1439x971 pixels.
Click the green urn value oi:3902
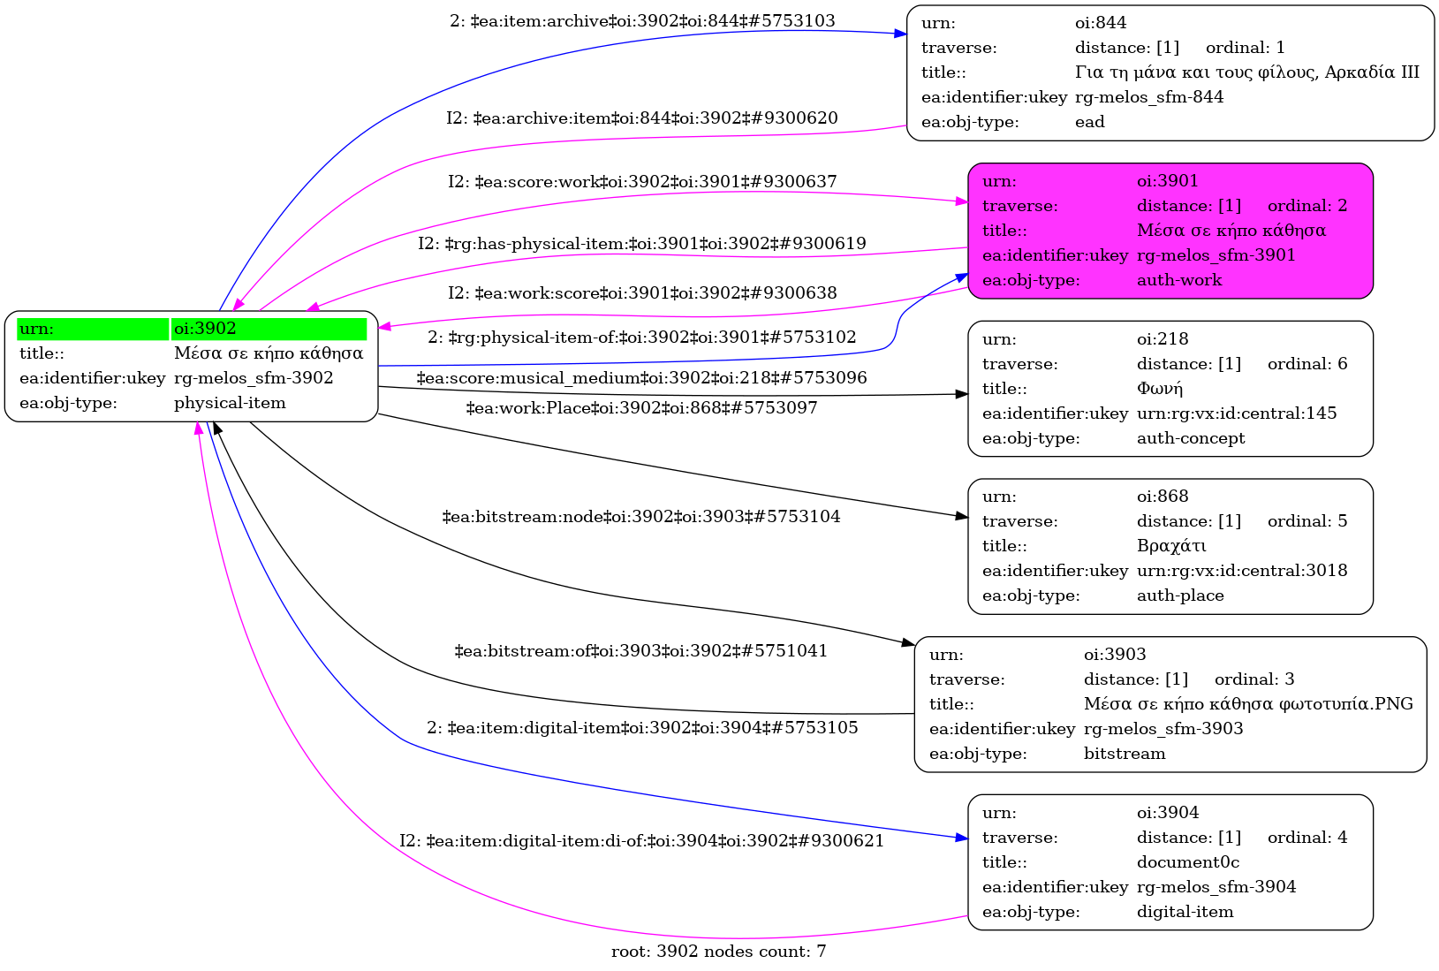(205, 329)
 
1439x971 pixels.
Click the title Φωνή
(1159, 389)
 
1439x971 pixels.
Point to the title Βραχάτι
(1171, 546)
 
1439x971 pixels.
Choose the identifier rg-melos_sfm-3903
(1163, 729)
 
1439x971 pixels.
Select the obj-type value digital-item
(1185, 912)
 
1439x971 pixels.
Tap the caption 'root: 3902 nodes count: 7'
(718, 952)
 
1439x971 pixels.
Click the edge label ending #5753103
(642, 20)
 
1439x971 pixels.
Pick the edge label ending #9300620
(641, 118)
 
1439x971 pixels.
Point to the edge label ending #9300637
(642, 181)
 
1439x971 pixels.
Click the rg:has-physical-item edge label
(641, 243)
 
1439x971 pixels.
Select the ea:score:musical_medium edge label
(641, 378)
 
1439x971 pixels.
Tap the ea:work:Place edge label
(641, 407)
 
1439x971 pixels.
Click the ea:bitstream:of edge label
(640, 651)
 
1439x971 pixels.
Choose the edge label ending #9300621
(641, 840)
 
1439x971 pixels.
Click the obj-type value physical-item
(230, 403)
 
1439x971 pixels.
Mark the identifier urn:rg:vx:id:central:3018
(1242, 571)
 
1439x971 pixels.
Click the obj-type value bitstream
(1125, 754)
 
